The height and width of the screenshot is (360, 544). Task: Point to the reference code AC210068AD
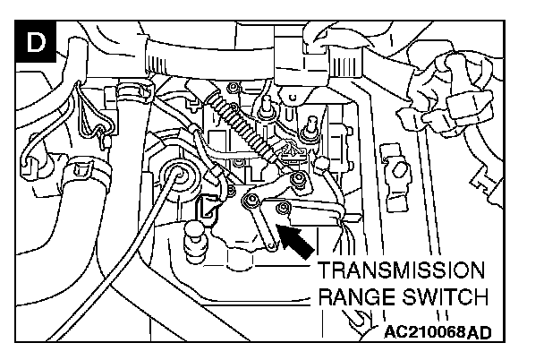[x=439, y=330]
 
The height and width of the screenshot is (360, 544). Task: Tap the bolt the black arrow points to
[x=283, y=210]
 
